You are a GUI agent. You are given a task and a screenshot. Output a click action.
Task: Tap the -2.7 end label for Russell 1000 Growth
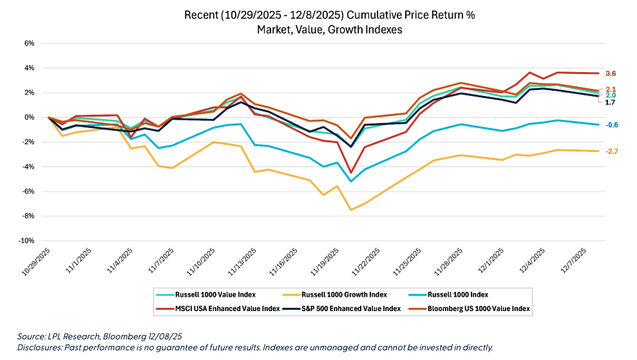(x=612, y=151)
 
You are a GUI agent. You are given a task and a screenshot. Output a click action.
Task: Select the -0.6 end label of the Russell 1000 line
(x=612, y=125)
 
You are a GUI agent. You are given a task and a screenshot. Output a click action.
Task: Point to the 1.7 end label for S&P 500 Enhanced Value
(x=610, y=102)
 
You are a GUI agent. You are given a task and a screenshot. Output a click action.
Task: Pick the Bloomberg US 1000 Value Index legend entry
(x=480, y=308)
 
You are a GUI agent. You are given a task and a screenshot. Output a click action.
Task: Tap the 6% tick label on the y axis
(x=28, y=43)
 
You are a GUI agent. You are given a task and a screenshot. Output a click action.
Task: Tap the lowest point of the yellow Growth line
(x=351, y=210)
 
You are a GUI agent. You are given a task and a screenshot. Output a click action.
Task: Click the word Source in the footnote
(x=30, y=336)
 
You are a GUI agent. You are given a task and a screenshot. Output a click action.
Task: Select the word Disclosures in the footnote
(x=39, y=347)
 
